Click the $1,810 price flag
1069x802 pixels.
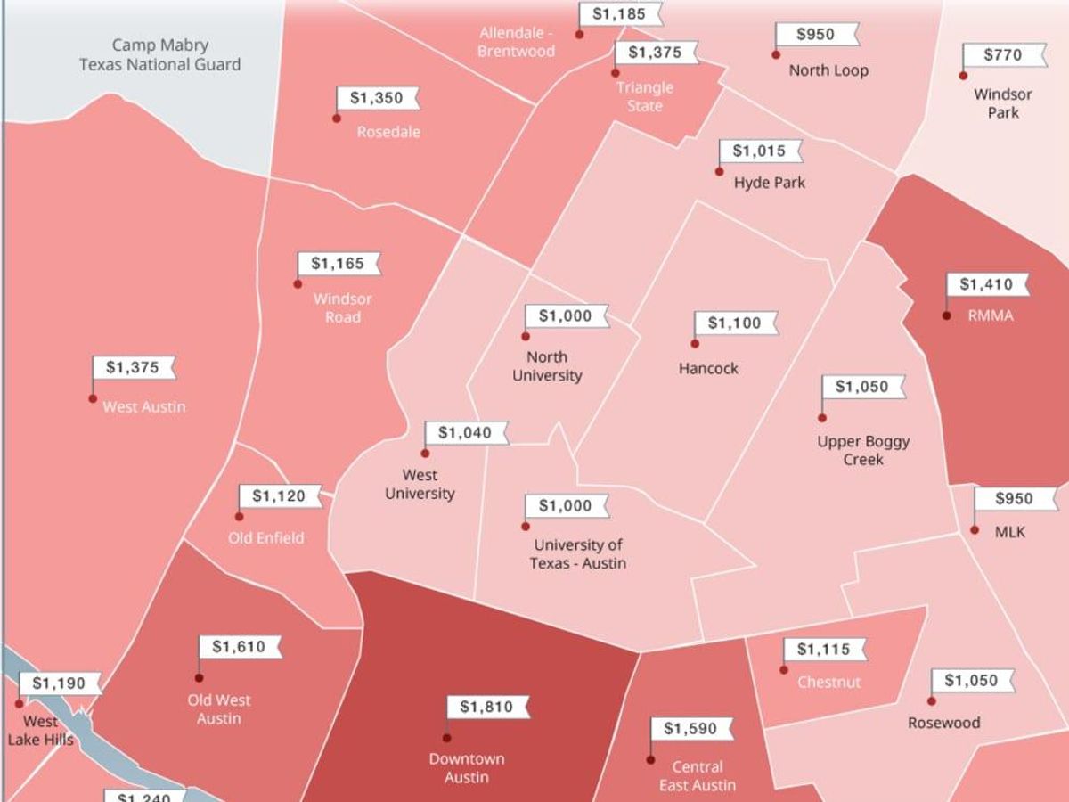click(486, 708)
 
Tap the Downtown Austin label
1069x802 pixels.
click(467, 768)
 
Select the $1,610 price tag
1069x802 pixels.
click(239, 647)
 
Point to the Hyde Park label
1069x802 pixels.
click(770, 183)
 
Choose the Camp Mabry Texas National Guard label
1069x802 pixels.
click(160, 54)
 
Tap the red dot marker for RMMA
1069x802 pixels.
click(947, 315)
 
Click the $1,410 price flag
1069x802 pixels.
click(986, 285)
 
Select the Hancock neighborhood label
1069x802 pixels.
click(708, 368)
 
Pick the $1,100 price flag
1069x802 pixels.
click(735, 323)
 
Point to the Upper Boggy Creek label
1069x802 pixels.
click(863, 450)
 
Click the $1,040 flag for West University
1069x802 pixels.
click(465, 433)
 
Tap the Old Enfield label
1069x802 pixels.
click(265, 538)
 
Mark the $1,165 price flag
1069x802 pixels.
click(338, 264)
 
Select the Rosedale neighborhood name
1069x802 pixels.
click(388, 132)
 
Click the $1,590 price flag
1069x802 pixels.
click(690, 729)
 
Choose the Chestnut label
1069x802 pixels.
click(829, 683)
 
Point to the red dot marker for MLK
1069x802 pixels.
click(975, 530)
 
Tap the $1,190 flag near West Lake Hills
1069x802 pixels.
click(59, 684)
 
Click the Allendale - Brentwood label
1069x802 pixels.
click(516, 42)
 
